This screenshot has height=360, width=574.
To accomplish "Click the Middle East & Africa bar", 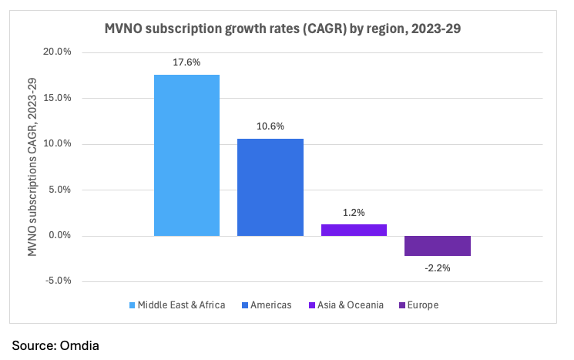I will (186, 155).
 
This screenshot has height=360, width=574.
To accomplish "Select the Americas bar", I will (270, 187).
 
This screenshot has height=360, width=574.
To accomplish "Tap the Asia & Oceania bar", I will (354, 230).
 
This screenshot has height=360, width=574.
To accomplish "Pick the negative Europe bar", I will (437, 245).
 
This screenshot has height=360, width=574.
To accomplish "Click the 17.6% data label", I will (186, 62).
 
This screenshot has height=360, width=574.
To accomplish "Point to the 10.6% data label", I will (270, 126).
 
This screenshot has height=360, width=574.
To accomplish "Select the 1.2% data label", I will (354, 212).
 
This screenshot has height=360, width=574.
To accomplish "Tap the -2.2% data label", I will (437, 267).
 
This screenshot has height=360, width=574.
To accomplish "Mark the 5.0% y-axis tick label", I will (58, 190).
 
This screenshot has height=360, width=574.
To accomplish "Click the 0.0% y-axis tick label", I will (58, 235).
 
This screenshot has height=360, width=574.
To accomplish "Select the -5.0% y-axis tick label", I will (57, 281).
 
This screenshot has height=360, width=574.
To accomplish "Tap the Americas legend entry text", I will (271, 305).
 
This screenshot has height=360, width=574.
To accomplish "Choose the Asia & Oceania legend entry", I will (350, 305).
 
